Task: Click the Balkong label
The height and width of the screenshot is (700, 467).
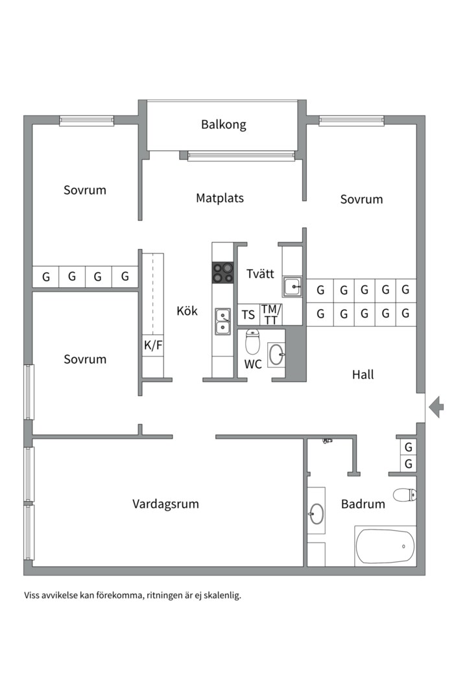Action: click(223, 124)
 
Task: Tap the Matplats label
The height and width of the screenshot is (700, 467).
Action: click(220, 198)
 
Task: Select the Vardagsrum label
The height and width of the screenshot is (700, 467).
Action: click(165, 504)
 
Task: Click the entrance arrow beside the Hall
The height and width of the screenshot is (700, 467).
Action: click(437, 406)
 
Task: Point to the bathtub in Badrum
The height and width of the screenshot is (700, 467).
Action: click(385, 546)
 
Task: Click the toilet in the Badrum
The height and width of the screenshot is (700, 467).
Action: click(405, 495)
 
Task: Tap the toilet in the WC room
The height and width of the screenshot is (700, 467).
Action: click(252, 342)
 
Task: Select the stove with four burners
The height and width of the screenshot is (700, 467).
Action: click(223, 272)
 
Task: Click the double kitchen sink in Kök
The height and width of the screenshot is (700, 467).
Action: click(223, 321)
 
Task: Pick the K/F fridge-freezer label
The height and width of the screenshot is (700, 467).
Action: click(153, 345)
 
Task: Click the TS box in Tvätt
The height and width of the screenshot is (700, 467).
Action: click(248, 315)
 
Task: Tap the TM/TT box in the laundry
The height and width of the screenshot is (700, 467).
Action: click(270, 315)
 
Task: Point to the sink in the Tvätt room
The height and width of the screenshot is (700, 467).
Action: click(292, 286)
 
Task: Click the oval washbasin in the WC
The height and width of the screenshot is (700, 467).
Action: click(276, 355)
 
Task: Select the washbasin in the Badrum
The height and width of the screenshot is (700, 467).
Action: click(316, 514)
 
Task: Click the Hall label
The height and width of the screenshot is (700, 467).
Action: click(363, 374)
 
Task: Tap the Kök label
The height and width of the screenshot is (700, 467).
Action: click(187, 311)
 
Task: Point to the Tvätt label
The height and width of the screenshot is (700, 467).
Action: click(259, 274)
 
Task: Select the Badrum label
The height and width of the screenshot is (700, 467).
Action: click(363, 504)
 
